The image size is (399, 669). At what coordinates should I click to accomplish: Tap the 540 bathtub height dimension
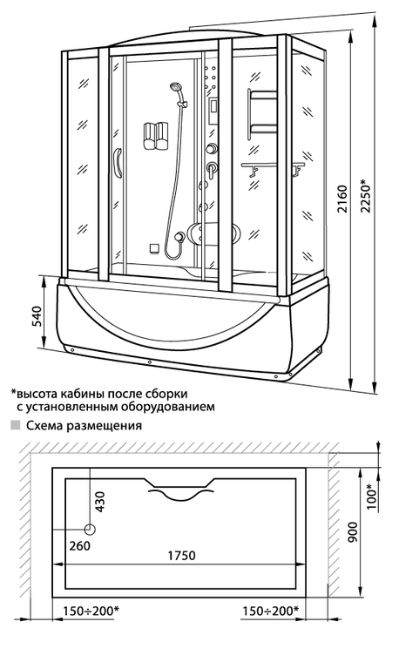click(x=38, y=316)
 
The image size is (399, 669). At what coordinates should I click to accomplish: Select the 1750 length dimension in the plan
click(x=181, y=556)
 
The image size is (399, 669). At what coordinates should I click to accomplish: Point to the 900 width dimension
click(x=353, y=532)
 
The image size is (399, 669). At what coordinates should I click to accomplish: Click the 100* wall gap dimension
click(x=373, y=497)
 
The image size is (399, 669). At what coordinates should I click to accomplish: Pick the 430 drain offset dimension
click(x=99, y=503)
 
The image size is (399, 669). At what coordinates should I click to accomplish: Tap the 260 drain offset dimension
click(x=80, y=545)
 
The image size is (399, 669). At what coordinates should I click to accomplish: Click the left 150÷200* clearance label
click(x=91, y=611)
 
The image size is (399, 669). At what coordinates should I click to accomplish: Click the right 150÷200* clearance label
click(x=271, y=611)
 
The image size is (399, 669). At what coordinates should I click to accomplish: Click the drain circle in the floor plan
click(x=90, y=530)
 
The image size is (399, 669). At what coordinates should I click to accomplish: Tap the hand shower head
click(x=174, y=87)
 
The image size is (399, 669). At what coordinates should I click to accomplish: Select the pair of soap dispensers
click(x=154, y=136)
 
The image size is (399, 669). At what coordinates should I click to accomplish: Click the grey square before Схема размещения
click(x=16, y=425)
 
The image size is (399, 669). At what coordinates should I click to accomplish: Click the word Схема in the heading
click(x=44, y=425)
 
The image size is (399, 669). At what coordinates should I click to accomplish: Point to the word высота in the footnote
click(x=37, y=393)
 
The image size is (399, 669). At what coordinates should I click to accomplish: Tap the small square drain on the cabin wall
click(x=154, y=247)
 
